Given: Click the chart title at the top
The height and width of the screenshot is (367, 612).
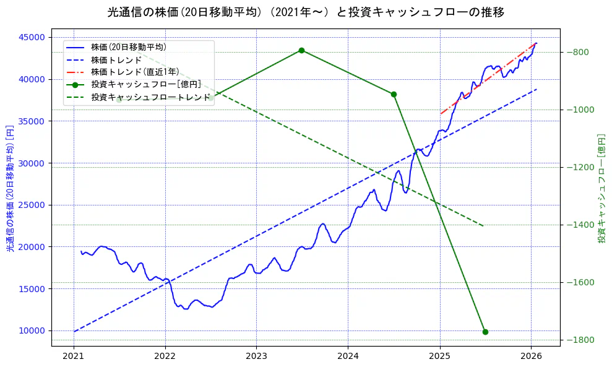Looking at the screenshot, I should click(x=306, y=12).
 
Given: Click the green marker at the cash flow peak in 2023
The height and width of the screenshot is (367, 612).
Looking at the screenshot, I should click(x=301, y=50).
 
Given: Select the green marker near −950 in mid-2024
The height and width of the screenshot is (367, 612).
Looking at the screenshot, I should click(x=394, y=94).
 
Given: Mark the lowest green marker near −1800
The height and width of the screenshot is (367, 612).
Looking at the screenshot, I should click(x=485, y=332).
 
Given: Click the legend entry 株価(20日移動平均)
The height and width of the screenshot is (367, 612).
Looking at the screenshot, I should click(x=128, y=47).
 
